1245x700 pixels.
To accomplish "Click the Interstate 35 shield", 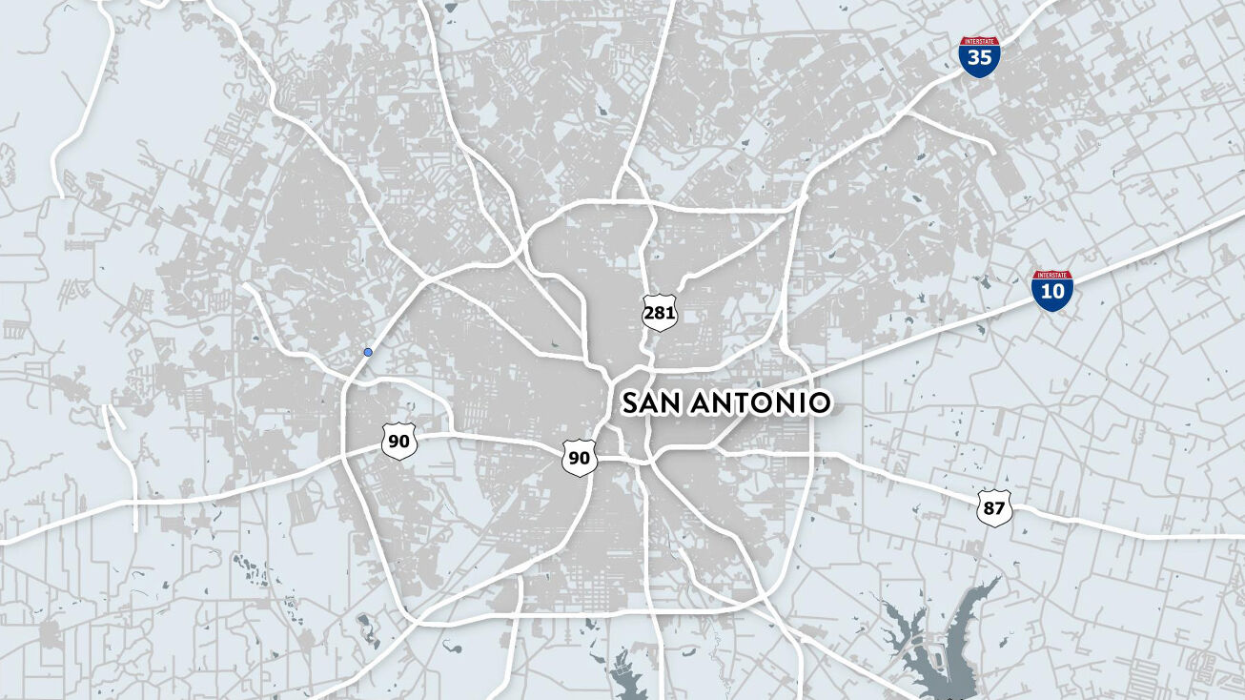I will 980,57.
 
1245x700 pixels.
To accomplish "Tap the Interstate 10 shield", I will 1052,291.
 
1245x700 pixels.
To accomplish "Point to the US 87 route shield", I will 993,507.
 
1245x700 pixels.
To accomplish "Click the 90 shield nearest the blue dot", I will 398,442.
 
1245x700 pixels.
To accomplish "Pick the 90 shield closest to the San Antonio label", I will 579,458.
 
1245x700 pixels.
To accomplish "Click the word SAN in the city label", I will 653,403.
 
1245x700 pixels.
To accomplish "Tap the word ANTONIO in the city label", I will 759,403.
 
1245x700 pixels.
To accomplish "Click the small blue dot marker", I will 368,352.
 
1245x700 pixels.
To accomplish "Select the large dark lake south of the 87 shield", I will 939,649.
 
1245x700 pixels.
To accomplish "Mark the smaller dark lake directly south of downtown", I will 628,679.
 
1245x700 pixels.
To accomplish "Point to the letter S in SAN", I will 631,403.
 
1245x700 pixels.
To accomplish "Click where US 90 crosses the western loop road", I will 345,456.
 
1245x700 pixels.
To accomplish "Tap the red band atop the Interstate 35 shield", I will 980,42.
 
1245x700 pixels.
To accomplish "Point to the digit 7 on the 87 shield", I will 1000,508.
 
